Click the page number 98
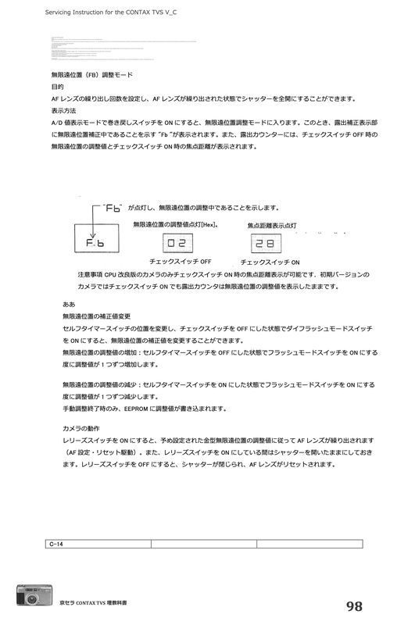tap(353, 606)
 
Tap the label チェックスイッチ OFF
tap(181, 262)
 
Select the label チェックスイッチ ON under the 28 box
tap(270, 263)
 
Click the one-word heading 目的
tap(57, 87)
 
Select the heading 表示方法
tap(64, 111)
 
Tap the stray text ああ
tap(69, 303)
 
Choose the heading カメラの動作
tap(82, 429)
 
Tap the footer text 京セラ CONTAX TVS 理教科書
tap(93, 603)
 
